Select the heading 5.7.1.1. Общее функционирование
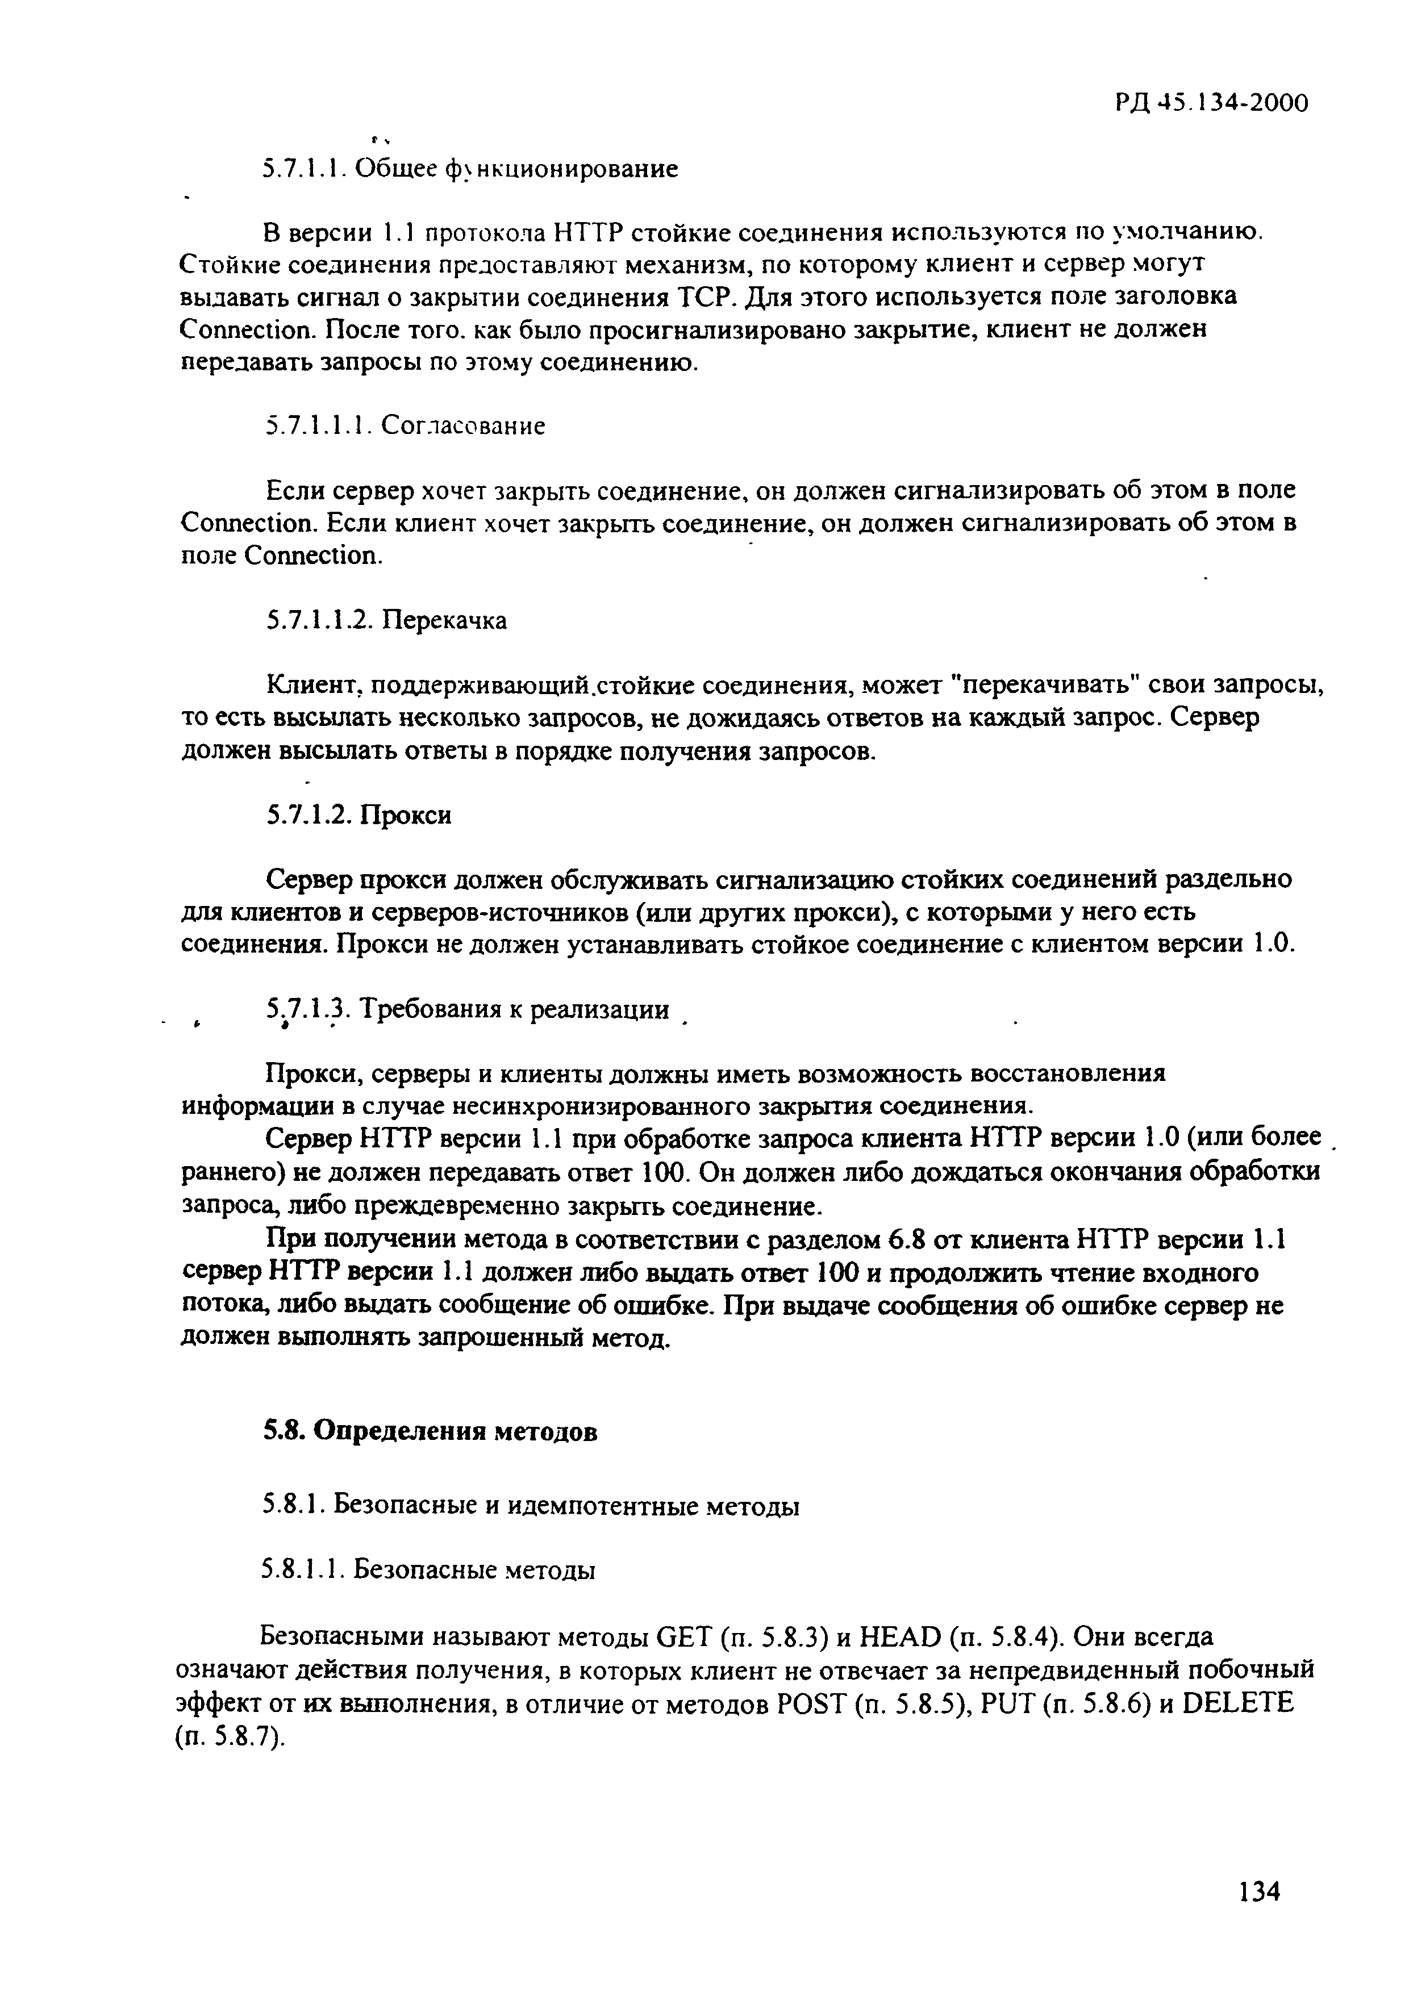pos(470,168)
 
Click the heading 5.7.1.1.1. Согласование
pos(405,426)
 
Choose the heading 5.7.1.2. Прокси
pos(358,815)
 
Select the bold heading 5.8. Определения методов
pos(430,1431)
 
